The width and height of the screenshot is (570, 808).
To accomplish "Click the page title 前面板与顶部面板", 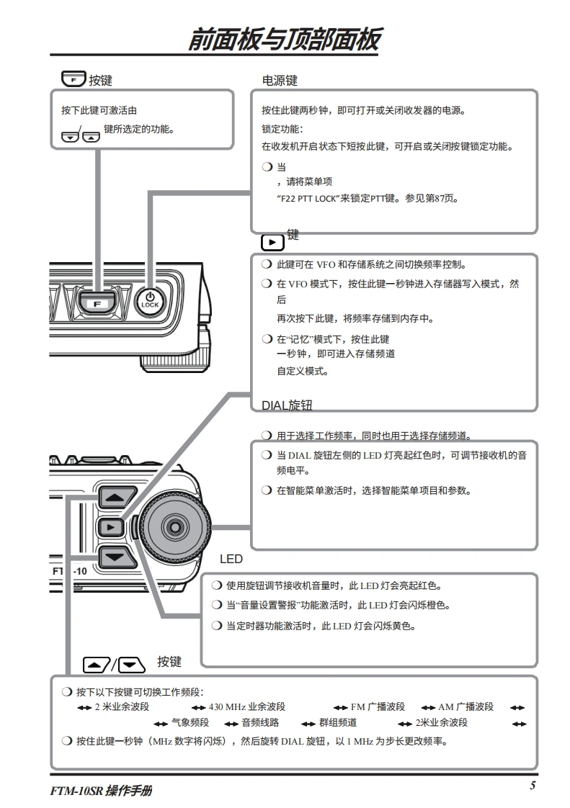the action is (284, 40).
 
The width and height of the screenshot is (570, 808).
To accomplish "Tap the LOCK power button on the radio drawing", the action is (150, 300).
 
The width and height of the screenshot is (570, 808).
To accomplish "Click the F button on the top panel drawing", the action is (97, 303).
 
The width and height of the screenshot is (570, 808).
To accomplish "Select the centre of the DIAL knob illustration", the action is (175, 526).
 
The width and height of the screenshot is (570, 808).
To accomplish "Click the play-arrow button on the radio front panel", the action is (110, 526).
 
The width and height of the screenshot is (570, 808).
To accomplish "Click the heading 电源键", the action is (280, 81).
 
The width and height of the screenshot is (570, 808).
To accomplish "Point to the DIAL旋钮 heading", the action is (287, 405).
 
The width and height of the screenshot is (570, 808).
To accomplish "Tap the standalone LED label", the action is (231, 559).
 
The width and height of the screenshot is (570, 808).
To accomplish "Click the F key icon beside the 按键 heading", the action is (74, 78).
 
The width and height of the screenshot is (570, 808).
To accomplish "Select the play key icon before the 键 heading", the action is (272, 242).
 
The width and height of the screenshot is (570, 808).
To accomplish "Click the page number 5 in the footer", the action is (533, 786).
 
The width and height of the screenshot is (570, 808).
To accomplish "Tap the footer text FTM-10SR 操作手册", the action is (101, 791).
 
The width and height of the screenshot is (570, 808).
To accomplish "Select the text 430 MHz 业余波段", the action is (246, 706).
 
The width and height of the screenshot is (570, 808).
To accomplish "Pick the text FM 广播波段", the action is (378, 706).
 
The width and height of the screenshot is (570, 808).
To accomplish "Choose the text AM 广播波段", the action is (466, 706).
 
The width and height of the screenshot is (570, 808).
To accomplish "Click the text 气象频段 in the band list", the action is (190, 722).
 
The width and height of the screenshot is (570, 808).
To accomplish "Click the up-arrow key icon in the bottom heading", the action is (97, 665).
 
